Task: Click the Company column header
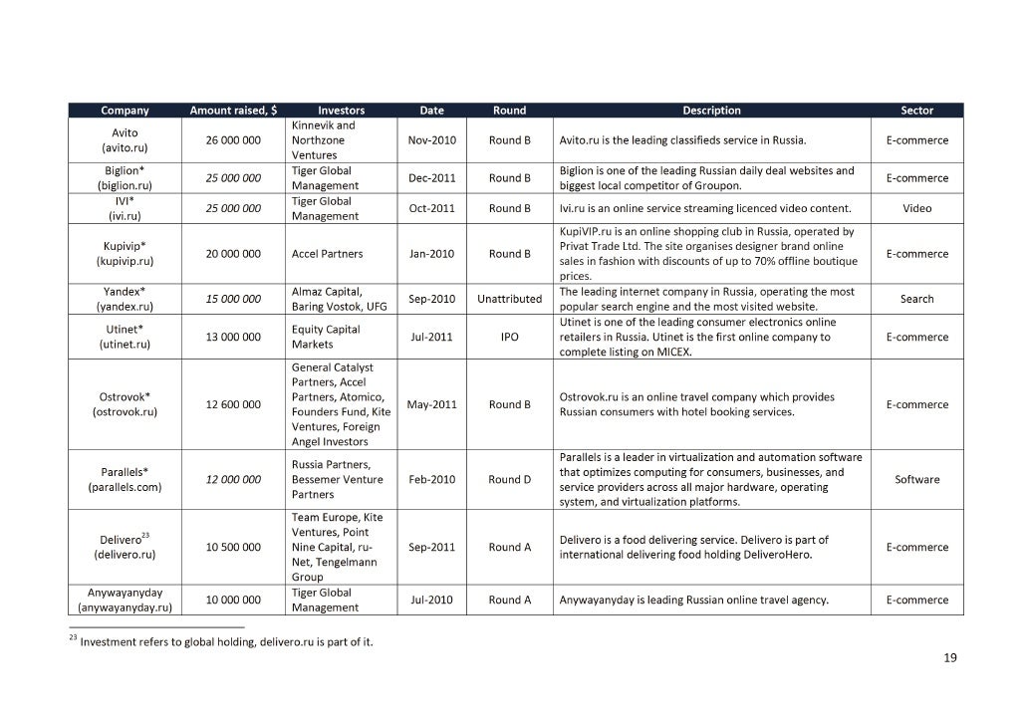(x=125, y=111)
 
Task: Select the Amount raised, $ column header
(x=233, y=111)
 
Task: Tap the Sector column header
(x=916, y=111)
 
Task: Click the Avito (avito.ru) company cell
(x=125, y=140)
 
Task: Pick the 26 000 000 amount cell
(x=233, y=140)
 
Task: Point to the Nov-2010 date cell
(x=431, y=140)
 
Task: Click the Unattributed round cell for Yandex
(x=509, y=299)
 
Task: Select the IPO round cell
(x=509, y=337)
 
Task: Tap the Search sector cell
(x=916, y=299)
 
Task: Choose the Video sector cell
(x=916, y=208)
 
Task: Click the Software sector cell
(x=916, y=479)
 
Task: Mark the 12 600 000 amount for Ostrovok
(x=233, y=404)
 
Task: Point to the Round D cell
(x=509, y=479)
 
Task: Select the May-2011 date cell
(x=431, y=404)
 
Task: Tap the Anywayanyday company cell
(x=125, y=600)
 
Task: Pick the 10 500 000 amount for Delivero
(x=233, y=547)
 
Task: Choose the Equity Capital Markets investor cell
(x=326, y=337)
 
